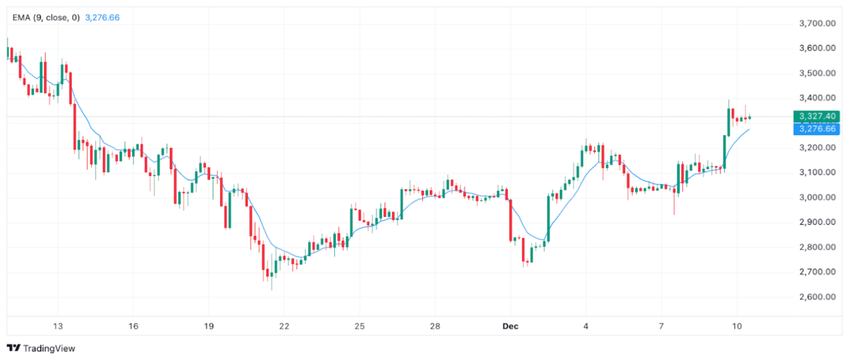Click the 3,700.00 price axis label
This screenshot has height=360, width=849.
tap(816, 24)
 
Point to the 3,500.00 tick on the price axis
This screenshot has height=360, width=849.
tap(816, 73)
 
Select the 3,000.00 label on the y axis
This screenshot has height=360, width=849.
tap(816, 197)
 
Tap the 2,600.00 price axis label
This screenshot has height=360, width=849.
tap(816, 297)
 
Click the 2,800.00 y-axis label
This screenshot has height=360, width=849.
tap(816, 248)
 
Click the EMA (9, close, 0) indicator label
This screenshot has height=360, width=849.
tap(45, 17)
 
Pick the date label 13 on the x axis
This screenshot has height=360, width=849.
tap(57, 326)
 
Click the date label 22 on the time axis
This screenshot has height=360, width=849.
tap(284, 326)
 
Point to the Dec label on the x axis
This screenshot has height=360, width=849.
tap(510, 326)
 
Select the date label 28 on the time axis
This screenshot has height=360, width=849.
tap(435, 326)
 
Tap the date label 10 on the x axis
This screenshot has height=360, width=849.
tap(737, 326)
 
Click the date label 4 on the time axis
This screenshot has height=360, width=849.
tap(586, 326)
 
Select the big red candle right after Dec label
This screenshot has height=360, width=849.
tap(512, 219)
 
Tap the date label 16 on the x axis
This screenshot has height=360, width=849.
tap(133, 326)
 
